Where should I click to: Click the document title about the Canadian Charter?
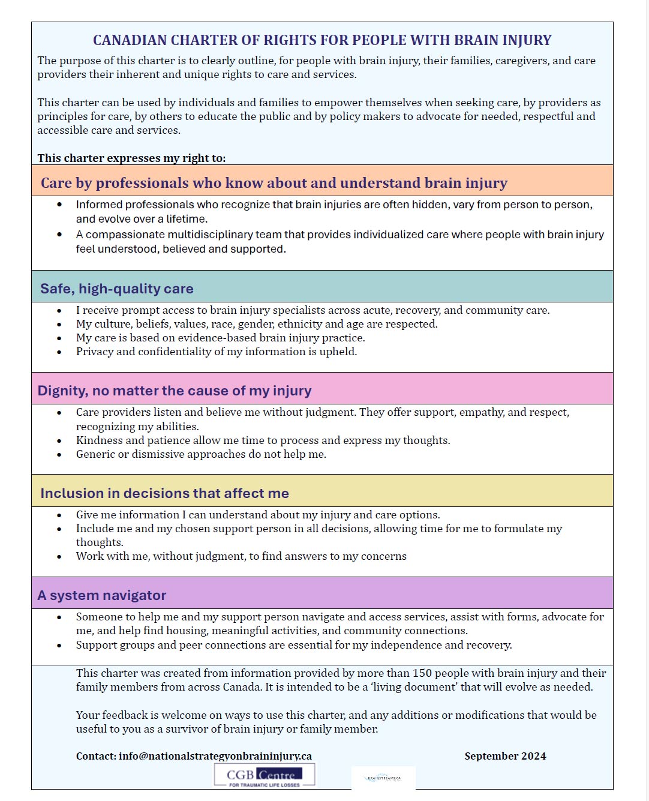click(x=322, y=40)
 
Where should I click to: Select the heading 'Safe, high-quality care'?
click(x=117, y=289)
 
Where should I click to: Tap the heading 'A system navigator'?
click(x=102, y=595)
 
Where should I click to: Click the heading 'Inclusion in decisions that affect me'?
click(x=164, y=493)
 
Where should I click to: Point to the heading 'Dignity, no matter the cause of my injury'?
click(x=175, y=391)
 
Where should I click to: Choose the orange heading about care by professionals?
click(x=274, y=183)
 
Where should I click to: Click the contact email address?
click(x=215, y=756)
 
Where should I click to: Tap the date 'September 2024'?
click(x=505, y=756)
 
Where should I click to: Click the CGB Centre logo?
click(x=265, y=775)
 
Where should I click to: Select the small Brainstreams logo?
click(x=383, y=778)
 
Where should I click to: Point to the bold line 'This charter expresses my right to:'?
click(x=131, y=158)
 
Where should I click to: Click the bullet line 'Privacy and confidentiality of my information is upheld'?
click(x=217, y=352)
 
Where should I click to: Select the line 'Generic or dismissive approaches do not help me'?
click(x=201, y=454)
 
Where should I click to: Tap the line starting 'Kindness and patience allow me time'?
click(x=263, y=440)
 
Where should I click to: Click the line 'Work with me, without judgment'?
click(x=241, y=556)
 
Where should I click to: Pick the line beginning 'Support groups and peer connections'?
click(x=294, y=645)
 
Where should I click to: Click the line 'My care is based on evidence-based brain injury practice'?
click(x=220, y=338)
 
